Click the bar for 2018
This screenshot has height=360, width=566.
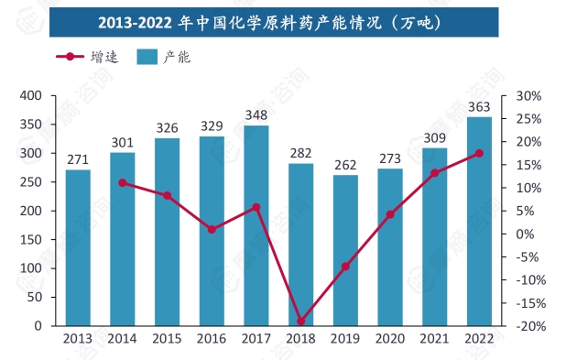point(301,245)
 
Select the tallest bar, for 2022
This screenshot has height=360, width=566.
point(480,221)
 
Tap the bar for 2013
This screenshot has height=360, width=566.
point(78,247)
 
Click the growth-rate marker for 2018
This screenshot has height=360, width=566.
point(301,321)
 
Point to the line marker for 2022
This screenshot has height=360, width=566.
point(480,153)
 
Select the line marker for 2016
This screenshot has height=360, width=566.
point(212,229)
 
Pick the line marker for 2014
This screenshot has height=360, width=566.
point(123,182)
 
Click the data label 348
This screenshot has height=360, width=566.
point(256,115)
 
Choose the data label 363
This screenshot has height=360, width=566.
point(480,106)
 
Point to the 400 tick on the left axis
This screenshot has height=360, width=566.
point(31,95)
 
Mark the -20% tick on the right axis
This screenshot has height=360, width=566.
point(530,326)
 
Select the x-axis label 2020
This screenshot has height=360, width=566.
point(390,339)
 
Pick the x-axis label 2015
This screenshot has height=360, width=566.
point(167,339)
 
